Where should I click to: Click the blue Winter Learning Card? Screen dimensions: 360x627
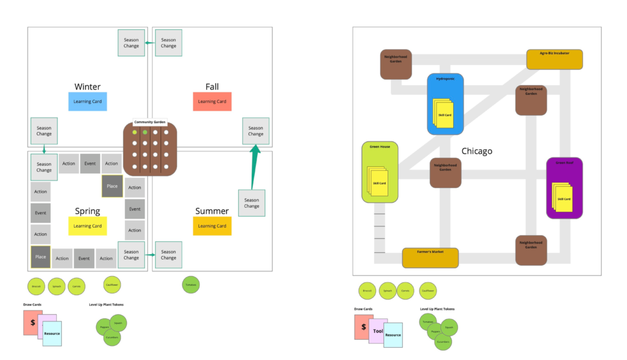88,102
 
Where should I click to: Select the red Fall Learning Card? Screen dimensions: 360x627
212,102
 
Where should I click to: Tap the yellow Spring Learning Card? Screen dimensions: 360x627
88,226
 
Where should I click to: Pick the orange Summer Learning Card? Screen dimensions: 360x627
212,226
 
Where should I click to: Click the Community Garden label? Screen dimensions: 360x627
150,122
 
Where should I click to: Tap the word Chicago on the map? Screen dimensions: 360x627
476,151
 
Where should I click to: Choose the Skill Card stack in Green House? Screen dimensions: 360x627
378,182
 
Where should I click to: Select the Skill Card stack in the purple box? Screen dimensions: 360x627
563,198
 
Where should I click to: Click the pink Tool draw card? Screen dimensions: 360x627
377,331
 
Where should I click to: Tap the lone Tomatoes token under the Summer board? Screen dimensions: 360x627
191,285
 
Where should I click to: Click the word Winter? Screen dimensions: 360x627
88,87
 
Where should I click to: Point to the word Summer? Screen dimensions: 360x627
212,211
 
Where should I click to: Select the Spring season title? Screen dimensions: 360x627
88,211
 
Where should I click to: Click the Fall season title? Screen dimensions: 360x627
212,87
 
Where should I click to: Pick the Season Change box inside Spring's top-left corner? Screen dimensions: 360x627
44,167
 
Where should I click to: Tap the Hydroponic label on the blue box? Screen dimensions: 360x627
445,79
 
